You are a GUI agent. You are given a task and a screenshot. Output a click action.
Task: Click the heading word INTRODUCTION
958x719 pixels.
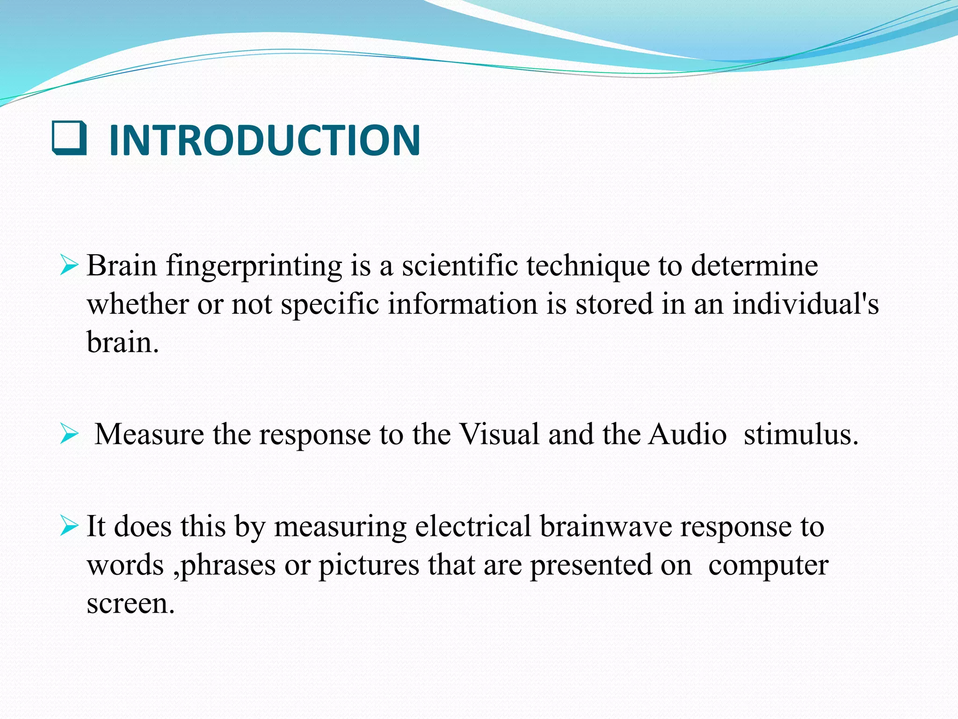point(264,140)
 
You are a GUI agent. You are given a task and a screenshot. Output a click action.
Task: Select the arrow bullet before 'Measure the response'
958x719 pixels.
point(69,435)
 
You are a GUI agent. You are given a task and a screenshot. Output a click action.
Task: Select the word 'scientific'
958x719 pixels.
point(459,266)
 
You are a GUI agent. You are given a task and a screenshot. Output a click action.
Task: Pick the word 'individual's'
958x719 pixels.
point(806,304)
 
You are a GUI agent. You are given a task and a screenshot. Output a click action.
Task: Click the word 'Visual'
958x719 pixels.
point(500,434)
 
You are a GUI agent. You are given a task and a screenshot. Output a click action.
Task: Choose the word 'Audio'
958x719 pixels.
point(688,434)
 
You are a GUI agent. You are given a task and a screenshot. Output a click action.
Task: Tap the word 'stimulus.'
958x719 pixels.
point(801,434)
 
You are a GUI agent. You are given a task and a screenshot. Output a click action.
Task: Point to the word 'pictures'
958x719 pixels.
point(369,565)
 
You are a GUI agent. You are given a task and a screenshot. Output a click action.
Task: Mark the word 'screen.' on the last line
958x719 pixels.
point(131,604)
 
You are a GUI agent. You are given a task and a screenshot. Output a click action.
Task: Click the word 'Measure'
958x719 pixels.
point(149,434)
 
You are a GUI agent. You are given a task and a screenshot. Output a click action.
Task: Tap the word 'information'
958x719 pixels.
point(463,304)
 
